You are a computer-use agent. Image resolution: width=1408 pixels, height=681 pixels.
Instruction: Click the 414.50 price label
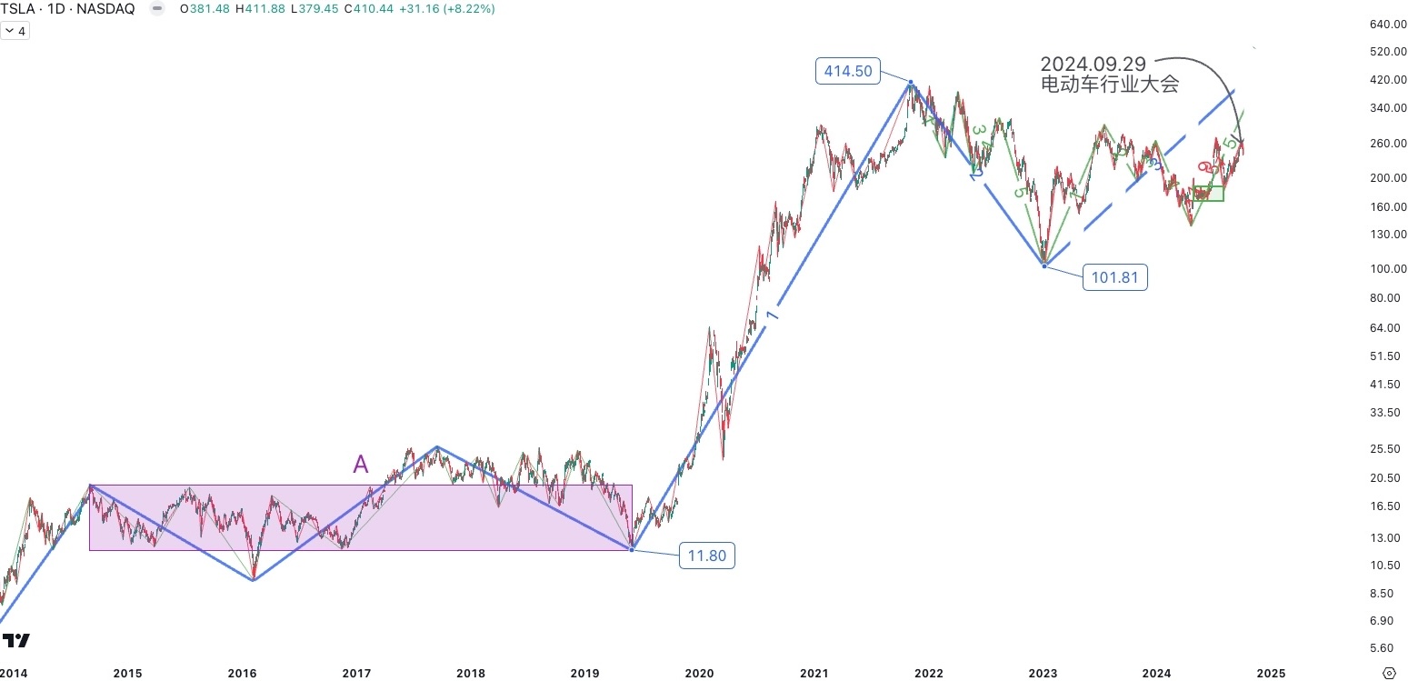(847, 71)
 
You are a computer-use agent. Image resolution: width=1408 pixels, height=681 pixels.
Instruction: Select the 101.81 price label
(1114, 277)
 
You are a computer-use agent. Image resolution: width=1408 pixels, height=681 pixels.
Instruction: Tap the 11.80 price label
(706, 556)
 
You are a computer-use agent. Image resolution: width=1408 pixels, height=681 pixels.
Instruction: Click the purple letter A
(361, 465)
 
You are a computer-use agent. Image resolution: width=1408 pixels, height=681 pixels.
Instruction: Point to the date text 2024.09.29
(1093, 64)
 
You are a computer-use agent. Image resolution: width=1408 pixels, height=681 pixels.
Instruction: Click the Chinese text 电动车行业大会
(1109, 85)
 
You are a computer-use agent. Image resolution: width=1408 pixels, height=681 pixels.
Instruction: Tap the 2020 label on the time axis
(699, 674)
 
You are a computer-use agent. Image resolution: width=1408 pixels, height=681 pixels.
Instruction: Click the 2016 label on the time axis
(242, 674)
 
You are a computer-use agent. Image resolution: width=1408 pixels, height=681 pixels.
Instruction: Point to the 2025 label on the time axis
(1271, 674)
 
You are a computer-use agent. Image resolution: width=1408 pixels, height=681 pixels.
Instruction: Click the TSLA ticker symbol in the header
(18, 9)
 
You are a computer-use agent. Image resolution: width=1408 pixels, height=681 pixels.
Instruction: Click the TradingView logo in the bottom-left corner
(16, 640)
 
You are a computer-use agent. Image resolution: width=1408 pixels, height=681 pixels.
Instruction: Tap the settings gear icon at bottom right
(1388, 673)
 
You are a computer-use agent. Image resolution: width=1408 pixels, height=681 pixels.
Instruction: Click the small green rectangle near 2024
(1208, 193)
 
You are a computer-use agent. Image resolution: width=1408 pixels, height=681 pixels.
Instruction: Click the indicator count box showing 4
(15, 31)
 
